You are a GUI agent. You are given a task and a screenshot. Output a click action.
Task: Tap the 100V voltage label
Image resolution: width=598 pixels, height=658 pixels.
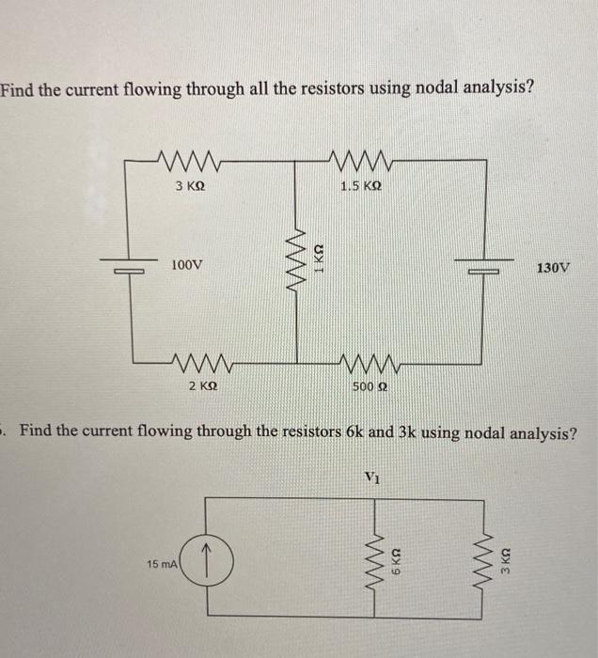coord(186,266)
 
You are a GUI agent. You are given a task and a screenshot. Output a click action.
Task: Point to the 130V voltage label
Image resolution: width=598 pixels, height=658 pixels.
coord(553,268)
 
